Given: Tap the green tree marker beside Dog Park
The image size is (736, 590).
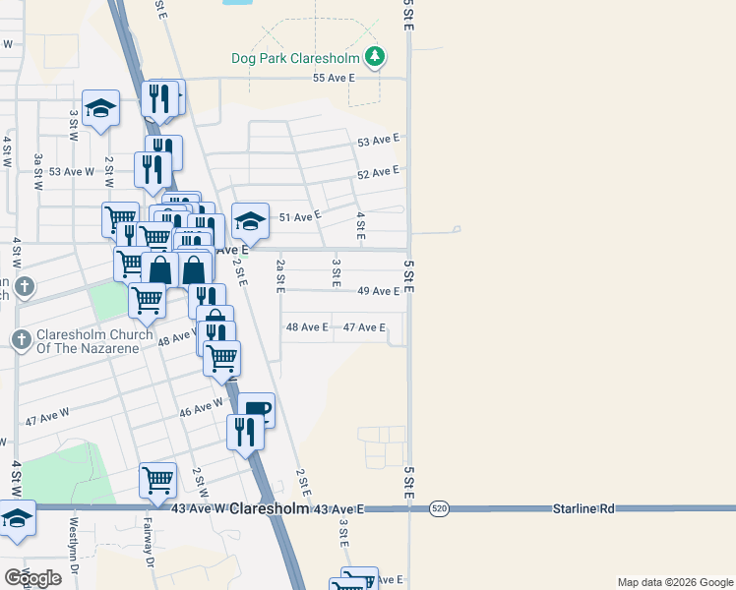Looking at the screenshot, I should click(374, 58).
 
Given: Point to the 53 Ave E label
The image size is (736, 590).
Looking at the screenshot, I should click(378, 142).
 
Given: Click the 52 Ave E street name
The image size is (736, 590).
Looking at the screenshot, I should click(378, 172).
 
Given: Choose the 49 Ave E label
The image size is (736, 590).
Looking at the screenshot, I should click(378, 291).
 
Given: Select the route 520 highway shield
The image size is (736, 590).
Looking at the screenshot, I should click(439, 508).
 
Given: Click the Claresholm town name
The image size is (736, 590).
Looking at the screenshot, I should click(270, 508).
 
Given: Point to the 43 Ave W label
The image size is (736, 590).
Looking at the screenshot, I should click(199, 508).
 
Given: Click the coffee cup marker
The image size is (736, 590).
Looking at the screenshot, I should click(256, 410).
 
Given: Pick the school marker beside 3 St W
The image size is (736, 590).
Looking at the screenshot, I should click(100, 108).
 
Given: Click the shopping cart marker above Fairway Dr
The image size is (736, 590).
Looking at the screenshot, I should click(157, 480).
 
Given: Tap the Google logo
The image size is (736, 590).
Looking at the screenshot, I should click(31, 578).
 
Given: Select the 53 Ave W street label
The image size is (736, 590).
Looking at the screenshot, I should click(71, 171).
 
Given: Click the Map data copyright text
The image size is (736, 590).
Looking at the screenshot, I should click(674, 582).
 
